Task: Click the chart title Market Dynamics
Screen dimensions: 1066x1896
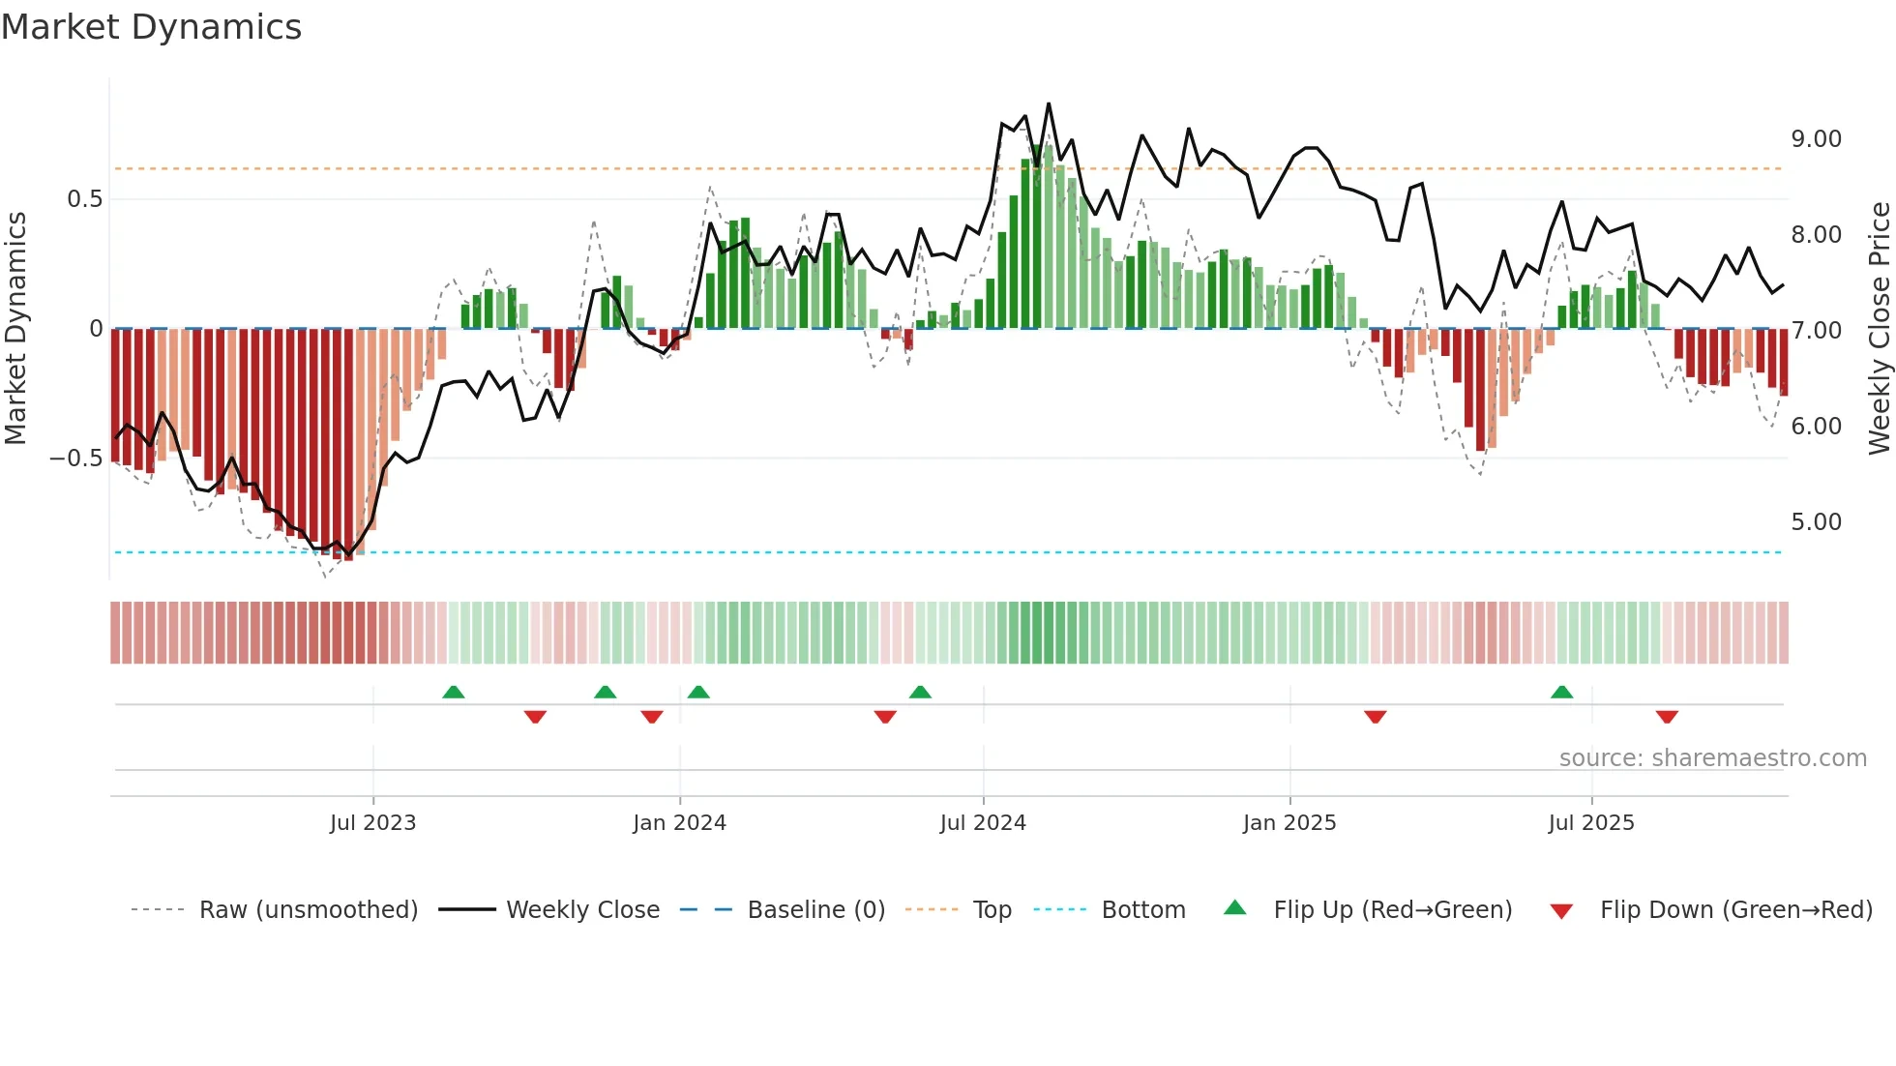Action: click(152, 27)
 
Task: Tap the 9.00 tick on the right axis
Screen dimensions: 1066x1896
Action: click(1816, 139)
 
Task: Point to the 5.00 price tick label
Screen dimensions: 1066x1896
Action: click(1816, 522)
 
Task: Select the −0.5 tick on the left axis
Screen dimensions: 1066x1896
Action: click(75, 459)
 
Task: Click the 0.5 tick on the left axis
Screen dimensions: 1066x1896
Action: click(84, 199)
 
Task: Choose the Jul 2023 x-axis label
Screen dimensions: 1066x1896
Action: click(372, 823)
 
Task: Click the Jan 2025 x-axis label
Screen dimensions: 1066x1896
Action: click(1289, 823)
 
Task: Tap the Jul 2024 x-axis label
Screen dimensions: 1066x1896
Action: click(983, 823)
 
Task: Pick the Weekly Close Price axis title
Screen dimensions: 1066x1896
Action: click(1879, 328)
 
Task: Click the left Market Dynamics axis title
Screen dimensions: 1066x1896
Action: click(15, 328)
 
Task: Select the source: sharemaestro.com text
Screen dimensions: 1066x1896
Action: click(1712, 758)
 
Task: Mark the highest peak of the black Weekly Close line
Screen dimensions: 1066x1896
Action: click(1049, 104)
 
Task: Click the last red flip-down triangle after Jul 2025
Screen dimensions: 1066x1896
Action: click(1666, 717)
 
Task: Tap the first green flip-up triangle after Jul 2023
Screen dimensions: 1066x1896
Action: click(453, 692)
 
